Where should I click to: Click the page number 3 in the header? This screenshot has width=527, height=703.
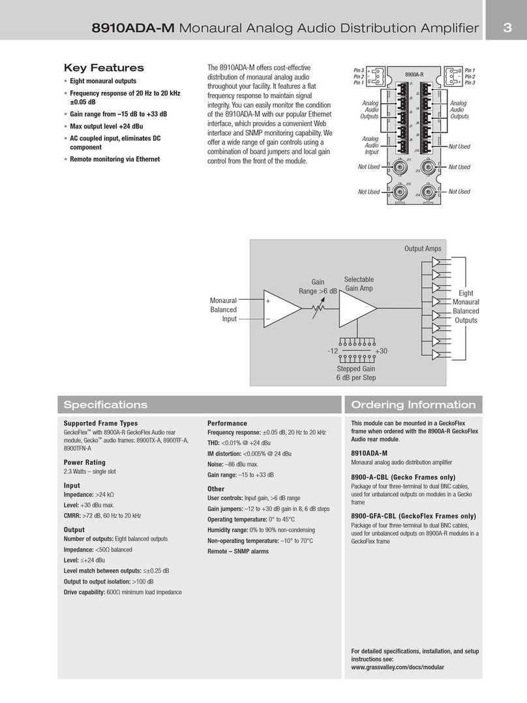click(506, 27)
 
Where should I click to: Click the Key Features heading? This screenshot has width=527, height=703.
click(104, 68)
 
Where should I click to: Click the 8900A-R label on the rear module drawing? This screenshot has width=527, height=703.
click(415, 75)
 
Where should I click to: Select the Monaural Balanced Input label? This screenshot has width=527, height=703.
click(223, 309)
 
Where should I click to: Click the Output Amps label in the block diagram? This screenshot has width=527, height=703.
click(423, 249)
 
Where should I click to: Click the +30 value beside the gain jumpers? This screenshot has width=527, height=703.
click(382, 351)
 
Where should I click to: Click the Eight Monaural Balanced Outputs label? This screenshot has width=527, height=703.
click(466, 307)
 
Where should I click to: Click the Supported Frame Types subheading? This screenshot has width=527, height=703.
click(100, 424)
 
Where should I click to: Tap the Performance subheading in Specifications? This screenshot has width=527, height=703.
click(227, 424)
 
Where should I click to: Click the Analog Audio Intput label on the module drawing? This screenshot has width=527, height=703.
click(371, 146)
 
